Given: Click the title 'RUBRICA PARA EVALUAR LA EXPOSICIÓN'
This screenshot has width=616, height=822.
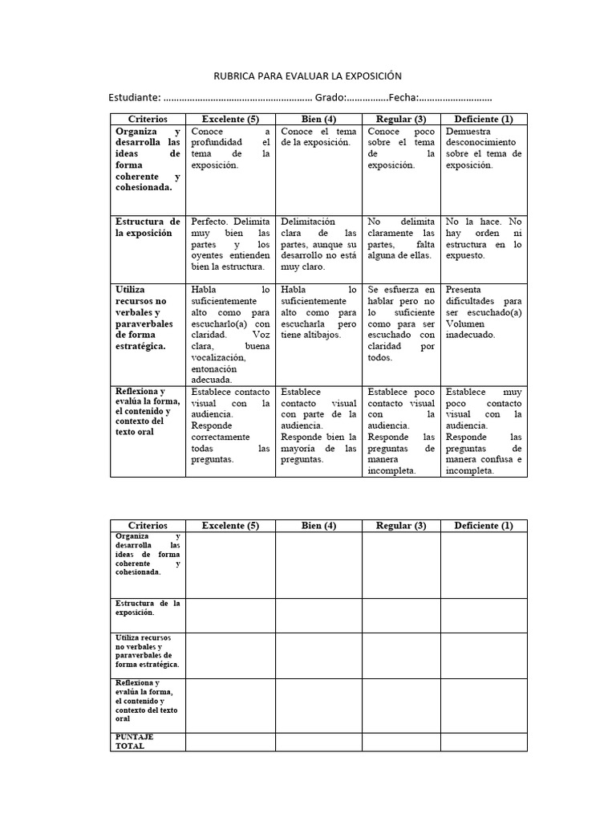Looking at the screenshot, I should (307, 76).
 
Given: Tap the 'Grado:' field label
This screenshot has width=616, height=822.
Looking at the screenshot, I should (330, 97).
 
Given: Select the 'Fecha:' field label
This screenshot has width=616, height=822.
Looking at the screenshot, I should (403, 97).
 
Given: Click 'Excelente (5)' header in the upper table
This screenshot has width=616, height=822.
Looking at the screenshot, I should (230, 119).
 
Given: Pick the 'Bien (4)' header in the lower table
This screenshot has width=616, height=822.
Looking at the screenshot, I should (318, 526).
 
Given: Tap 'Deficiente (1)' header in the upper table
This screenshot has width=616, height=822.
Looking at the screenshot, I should (484, 119).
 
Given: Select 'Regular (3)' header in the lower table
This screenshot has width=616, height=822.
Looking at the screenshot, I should (401, 526).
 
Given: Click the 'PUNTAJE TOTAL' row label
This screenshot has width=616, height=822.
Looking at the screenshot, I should (130, 741).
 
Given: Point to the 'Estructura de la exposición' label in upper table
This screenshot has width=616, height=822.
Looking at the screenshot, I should (148, 226).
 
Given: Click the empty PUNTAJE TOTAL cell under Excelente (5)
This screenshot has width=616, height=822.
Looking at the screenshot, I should (230, 742).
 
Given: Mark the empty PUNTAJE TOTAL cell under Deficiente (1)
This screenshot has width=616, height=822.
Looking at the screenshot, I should (484, 742).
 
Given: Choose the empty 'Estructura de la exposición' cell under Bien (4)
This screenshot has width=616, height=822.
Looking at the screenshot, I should (318, 615).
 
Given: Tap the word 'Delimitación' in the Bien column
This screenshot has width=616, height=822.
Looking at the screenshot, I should (308, 222).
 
